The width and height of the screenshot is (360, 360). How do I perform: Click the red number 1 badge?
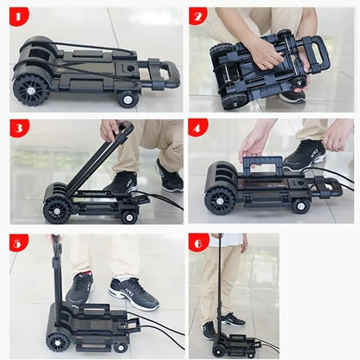tap(19, 16)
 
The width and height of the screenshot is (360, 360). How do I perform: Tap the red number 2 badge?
tap(198, 16)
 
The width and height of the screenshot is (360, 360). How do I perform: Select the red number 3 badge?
tap(19, 128)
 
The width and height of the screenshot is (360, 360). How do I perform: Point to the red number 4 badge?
tap(198, 128)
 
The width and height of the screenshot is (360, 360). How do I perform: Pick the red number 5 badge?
tap(19, 243)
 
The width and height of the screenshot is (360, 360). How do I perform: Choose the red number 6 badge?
tap(199, 243)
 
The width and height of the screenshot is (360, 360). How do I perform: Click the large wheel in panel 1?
tap(31, 90)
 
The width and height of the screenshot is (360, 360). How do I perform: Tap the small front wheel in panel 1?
tap(128, 100)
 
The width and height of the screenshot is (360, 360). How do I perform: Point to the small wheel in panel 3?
tap(129, 217)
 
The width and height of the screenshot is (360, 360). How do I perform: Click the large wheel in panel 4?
tap(220, 201)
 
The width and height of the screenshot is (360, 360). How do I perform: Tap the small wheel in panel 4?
tap(301, 205)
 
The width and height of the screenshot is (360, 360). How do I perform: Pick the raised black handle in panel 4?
tap(262, 166)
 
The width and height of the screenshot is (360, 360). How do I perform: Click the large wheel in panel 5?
tap(58, 344)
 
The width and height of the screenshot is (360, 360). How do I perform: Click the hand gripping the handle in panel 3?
tap(110, 130)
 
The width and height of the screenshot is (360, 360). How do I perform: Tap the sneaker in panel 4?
tap(305, 155)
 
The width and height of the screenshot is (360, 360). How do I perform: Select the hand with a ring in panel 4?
tap(338, 136)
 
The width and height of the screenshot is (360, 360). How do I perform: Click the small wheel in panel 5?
tap(119, 347)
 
